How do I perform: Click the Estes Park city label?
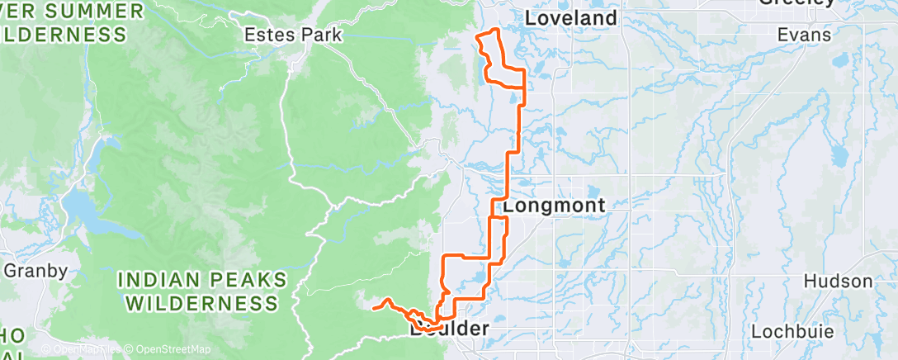point(293,35)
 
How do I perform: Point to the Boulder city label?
point(449,329)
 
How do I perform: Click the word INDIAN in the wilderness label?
point(158,279)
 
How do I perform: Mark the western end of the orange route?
point(374,308)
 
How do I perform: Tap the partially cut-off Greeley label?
point(797,3)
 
